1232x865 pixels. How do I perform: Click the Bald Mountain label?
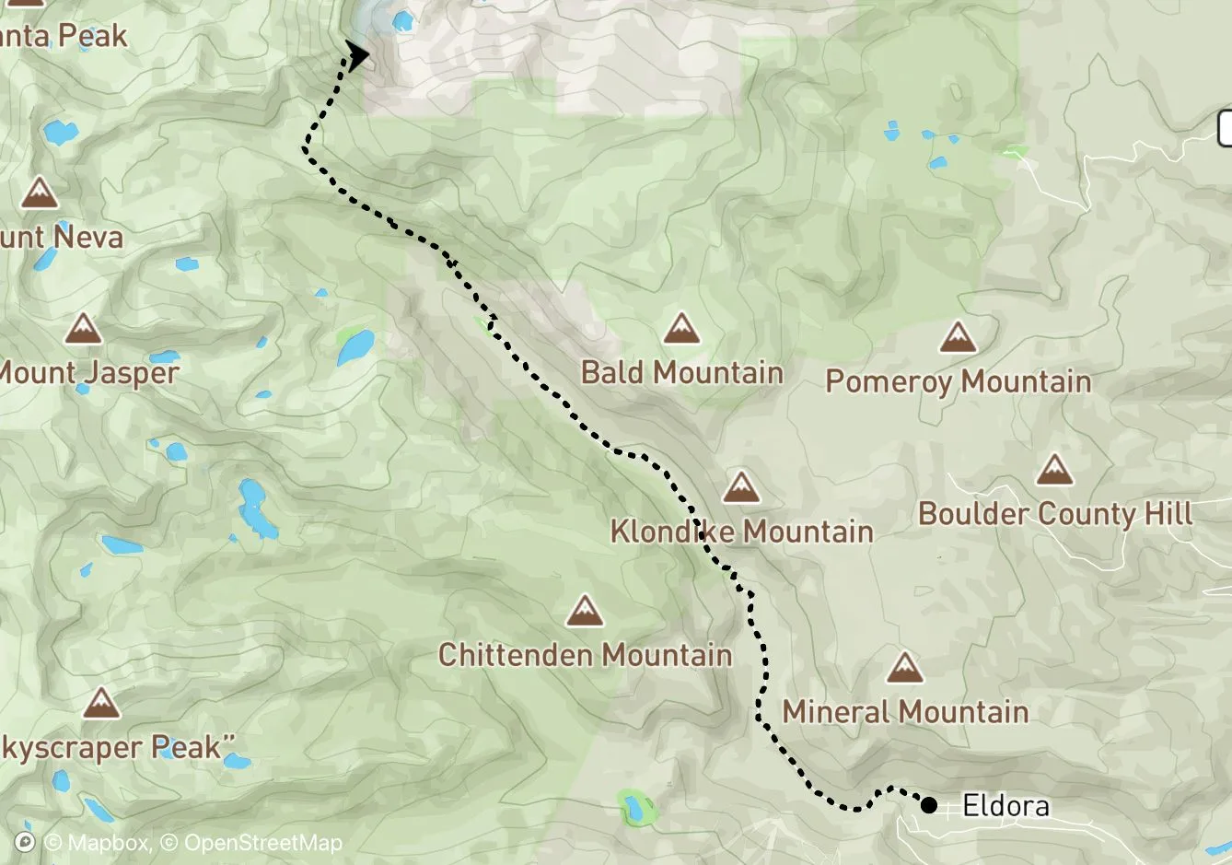point(681,372)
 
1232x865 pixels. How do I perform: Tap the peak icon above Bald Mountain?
point(680,328)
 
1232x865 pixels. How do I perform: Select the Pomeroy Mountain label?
point(958,381)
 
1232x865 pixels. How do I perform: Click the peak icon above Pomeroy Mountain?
point(958,338)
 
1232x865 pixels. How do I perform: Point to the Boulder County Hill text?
point(1055,514)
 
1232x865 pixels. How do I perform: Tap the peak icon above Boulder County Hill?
point(1054,470)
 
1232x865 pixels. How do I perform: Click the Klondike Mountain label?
point(741,532)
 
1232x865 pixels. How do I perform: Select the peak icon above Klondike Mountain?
point(740,487)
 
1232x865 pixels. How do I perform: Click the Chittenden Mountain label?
point(585,655)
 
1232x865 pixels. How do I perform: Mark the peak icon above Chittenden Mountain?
point(584,611)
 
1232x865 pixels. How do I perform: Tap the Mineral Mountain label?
point(905,711)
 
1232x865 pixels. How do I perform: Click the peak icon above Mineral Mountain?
point(904,668)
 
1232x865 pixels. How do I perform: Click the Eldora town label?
point(1005,806)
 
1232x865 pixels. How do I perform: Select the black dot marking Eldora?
point(929,806)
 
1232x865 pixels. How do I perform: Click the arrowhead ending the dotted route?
point(356,55)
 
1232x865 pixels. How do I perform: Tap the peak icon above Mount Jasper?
point(83,329)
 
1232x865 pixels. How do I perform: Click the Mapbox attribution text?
point(96,843)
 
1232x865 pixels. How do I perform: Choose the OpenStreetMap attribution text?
point(262,843)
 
